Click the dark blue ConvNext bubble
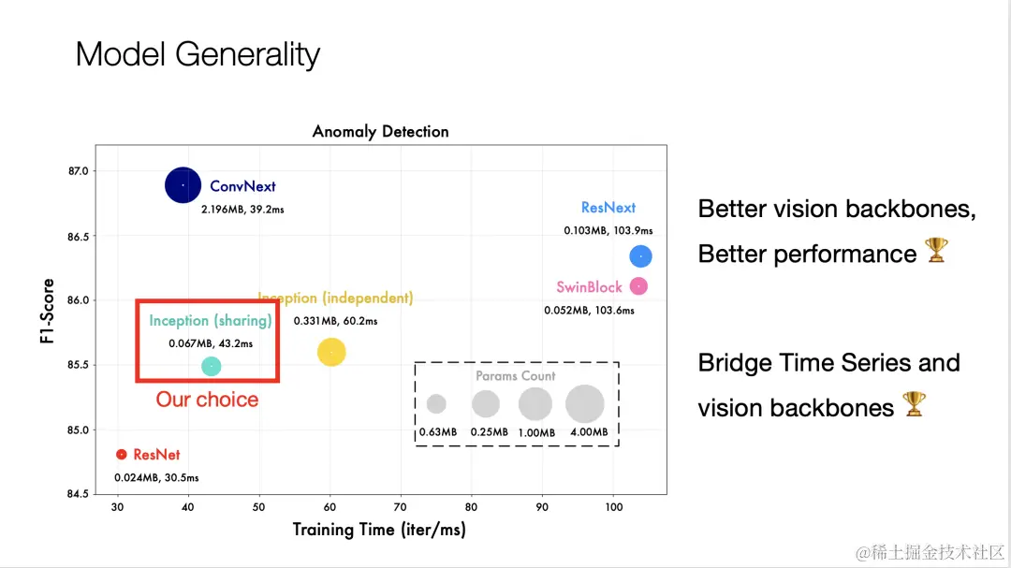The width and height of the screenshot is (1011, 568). pos(183,185)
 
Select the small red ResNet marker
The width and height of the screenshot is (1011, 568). pos(121,455)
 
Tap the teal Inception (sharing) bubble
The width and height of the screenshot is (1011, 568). pos(212,367)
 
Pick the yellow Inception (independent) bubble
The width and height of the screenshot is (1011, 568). pos(331,352)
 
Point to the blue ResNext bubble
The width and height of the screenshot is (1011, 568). pos(641,255)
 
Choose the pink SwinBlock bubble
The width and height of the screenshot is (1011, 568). pos(638,285)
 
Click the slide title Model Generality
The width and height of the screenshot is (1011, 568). pos(198,54)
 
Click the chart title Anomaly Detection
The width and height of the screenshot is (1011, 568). pos(380,132)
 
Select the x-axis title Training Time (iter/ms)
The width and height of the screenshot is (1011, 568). pos(378,530)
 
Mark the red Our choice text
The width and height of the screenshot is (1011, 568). pos(207,400)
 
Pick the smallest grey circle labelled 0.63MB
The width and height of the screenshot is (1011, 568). pos(436,404)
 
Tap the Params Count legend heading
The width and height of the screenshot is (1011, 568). pos(515,376)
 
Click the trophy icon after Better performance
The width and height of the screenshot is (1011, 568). pos(936,251)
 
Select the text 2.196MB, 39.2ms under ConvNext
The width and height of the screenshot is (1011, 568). pos(242,210)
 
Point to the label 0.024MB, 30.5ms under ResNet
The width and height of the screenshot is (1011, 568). pos(156,478)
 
